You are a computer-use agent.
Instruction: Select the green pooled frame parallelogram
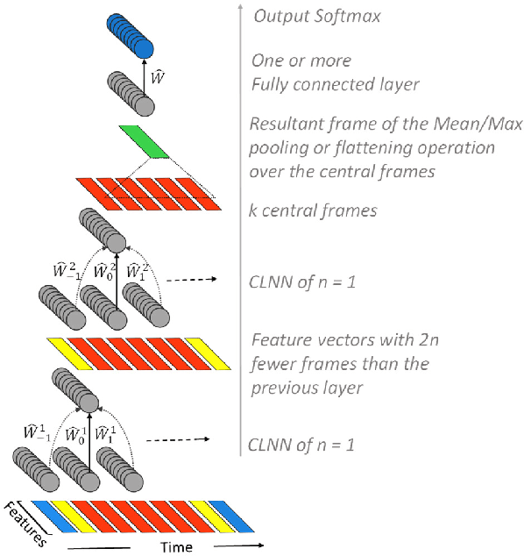[x=145, y=141]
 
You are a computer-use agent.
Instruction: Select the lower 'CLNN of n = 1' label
[x=301, y=445]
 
